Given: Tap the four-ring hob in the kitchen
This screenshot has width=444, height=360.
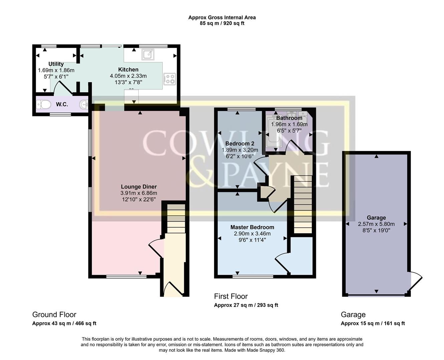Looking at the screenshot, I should pyautogui.click(x=170, y=79).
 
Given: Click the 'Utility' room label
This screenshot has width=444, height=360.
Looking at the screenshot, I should pyautogui.click(x=56, y=64).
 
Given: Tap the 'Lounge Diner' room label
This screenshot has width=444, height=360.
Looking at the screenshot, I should pyautogui.click(x=139, y=187).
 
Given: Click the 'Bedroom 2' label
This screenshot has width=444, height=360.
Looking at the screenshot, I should pyautogui.click(x=240, y=144).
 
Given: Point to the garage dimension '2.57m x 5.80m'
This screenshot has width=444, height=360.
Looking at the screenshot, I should pyautogui.click(x=376, y=224).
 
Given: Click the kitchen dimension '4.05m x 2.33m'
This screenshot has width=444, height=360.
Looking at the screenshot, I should pyautogui.click(x=128, y=76).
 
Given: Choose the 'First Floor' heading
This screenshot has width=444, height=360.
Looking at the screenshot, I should pyautogui.click(x=231, y=296).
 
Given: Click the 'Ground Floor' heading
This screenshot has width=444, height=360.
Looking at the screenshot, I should pyautogui.click(x=54, y=315).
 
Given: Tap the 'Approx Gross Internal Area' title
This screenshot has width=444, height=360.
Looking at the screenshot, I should pyautogui.click(x=222, y=17).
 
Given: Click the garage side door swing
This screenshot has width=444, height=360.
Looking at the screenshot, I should pyautogui.click(x=416, y=280).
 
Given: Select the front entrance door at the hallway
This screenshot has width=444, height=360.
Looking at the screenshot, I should pyautogui.click(x=174, y=289).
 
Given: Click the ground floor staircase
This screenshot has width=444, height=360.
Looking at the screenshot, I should pyautogui.click(x=176, y=219).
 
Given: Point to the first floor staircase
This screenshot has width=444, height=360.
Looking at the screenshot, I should pyautogui.click(x=302, y=205).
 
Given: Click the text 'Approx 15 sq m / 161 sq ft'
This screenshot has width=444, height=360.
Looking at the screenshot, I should pyautogui.click(x=373, y=323).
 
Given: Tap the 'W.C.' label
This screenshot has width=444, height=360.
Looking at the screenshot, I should pyautogui.click(x=62, y=105).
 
